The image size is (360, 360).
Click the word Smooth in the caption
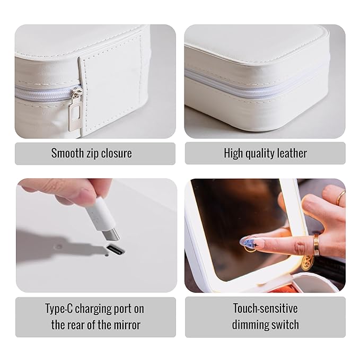click(67, 153)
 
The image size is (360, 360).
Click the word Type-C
click(59, 308)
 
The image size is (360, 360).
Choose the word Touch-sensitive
click(265, 308)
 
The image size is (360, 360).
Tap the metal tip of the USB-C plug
click(111, 235)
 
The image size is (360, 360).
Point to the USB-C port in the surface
click(115, 250)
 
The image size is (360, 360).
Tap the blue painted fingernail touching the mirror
click(250, 243)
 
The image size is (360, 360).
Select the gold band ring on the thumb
click(317, 245)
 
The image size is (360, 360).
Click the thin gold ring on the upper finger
click(340, 198)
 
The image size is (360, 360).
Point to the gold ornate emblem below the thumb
click(307, 262)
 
